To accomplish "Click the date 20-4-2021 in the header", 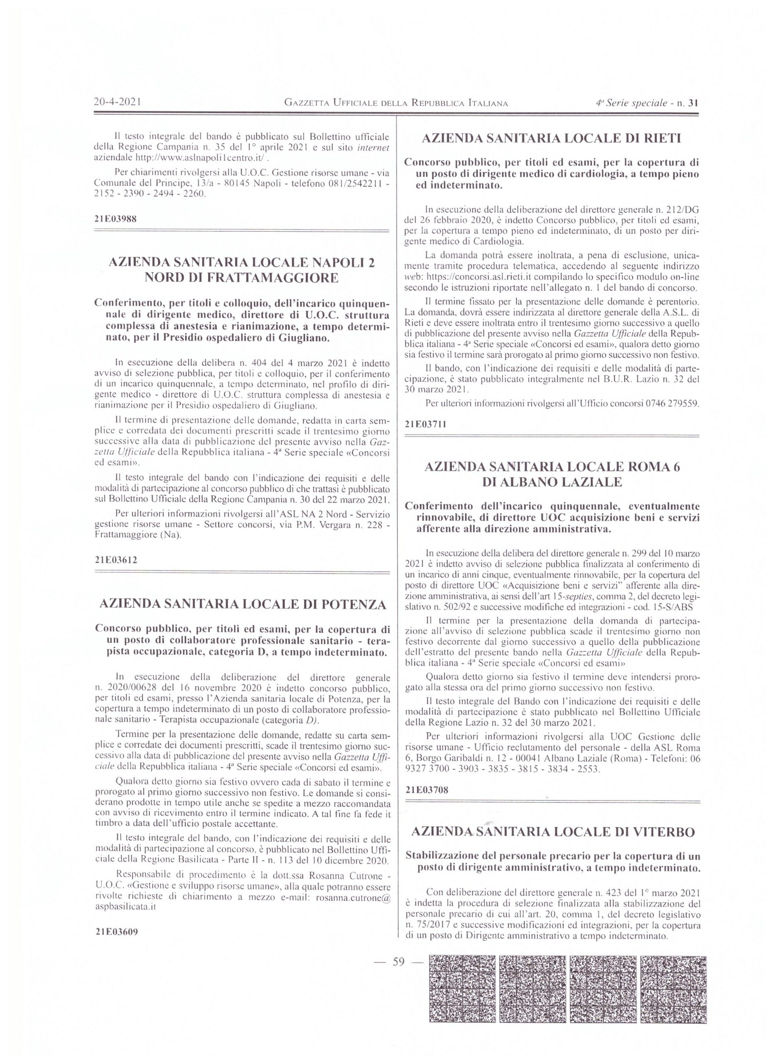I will tap(118, 102).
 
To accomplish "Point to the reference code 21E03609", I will tap(115, 932).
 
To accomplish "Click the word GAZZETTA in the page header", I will tap(307, 103).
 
